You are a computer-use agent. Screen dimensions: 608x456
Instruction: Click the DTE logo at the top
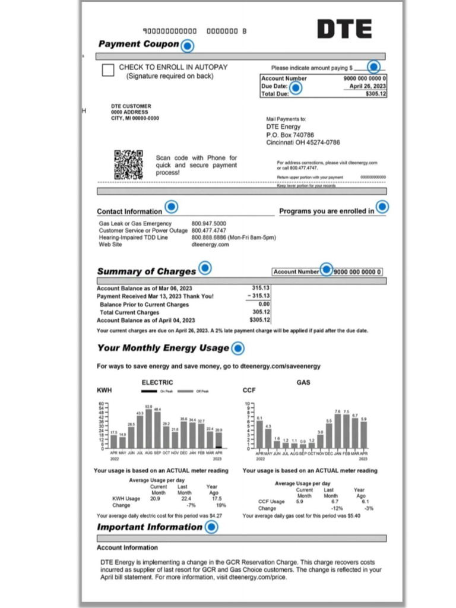[x=344, y=28]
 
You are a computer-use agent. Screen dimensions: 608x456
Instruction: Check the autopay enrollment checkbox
[x=108, y=71]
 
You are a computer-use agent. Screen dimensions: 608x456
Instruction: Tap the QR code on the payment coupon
[x=129, y=164]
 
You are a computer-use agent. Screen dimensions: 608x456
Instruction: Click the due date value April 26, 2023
[x=365, y=86]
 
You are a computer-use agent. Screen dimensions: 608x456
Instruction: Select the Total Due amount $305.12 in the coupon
[x=375, y=94]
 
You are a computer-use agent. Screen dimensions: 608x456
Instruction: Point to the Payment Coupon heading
[x=138, y=44]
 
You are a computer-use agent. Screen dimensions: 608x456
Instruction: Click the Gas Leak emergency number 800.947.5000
[x=208, y=224]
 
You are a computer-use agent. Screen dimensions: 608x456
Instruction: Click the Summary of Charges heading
[x=146, y=271]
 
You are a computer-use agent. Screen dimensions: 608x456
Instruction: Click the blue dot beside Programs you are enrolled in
[x=382, y=207]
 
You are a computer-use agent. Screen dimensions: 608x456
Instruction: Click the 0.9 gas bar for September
[x=303, y=445]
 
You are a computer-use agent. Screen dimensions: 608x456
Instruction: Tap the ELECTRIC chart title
[x=157, y=382]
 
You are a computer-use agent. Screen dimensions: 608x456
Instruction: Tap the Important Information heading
[x=150, y=527]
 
